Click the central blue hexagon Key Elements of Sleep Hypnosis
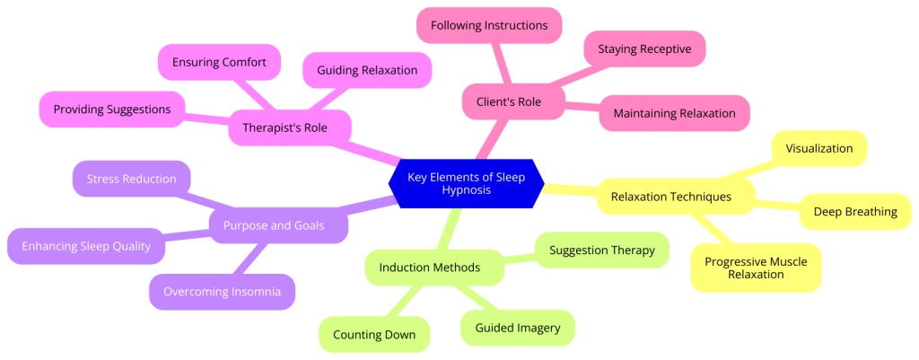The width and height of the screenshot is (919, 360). point(467,184)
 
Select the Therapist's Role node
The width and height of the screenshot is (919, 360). point(284,128)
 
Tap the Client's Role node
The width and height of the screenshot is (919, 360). point(514,101)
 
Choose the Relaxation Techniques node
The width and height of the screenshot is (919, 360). point(670,196)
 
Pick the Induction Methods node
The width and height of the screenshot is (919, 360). point(429,268)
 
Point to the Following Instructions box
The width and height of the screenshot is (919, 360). point(489,25)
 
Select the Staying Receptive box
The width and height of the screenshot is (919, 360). point(644,49)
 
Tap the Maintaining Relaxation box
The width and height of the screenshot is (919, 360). point(674,113)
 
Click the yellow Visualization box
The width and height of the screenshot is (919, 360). point(818,148)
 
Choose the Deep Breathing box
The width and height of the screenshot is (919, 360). point(854,212)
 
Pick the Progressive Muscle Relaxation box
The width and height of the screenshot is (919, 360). point(756,268)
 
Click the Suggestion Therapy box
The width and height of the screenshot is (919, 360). point(601,250)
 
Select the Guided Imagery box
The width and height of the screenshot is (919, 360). point(517,328)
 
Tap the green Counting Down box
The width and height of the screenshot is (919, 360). point(374,335)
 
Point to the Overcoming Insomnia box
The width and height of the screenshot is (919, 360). point(222,292)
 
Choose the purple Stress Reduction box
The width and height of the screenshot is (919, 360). point(131,179)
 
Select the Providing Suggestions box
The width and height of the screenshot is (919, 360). point(111,110)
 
